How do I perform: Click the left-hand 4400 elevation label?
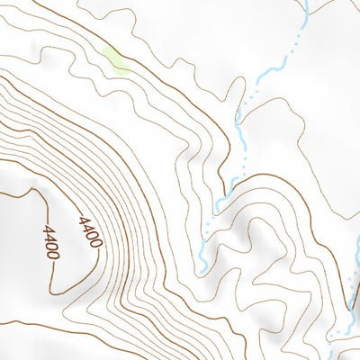[50, 242]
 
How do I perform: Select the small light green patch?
[114, 61]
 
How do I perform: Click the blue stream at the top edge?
[303, 4]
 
